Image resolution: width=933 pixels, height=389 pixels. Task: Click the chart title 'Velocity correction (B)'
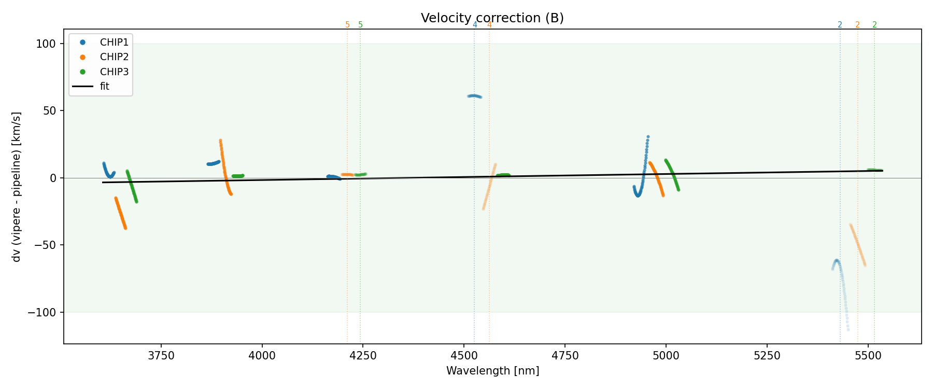click(492, 18)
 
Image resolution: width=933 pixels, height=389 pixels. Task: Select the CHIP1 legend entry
click(114, 42)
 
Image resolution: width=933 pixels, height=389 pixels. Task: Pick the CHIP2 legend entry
click(114, 57)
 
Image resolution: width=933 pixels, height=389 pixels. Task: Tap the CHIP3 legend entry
click(114, 72)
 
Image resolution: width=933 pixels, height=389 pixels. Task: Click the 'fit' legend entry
click(105, 86)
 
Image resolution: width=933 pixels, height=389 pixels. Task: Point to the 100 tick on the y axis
click(46, 44)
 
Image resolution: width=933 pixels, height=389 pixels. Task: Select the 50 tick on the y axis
click(49, 111)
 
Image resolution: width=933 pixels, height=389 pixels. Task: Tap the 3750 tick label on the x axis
click(161, 356)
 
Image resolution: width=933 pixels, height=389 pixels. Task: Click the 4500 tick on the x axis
click(464, 356)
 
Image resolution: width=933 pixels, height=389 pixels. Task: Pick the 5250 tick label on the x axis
click(767, 356)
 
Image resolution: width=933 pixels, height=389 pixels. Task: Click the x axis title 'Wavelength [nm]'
click(492, 371)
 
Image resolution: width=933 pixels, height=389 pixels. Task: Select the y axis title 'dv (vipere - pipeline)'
click(17, 187)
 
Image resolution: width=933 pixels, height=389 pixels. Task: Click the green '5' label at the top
click(361, 25)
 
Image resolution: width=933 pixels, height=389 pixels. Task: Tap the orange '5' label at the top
click(347, 25)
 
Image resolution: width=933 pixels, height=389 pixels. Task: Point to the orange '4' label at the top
click(489, 25)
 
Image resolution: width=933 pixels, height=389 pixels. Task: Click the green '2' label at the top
click(874, 25)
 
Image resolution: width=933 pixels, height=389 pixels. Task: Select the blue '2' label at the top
click(840, 25)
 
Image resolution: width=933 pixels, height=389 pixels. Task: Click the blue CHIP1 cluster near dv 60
click(474, 96)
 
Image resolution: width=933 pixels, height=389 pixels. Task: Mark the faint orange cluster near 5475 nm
click(858, 244)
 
